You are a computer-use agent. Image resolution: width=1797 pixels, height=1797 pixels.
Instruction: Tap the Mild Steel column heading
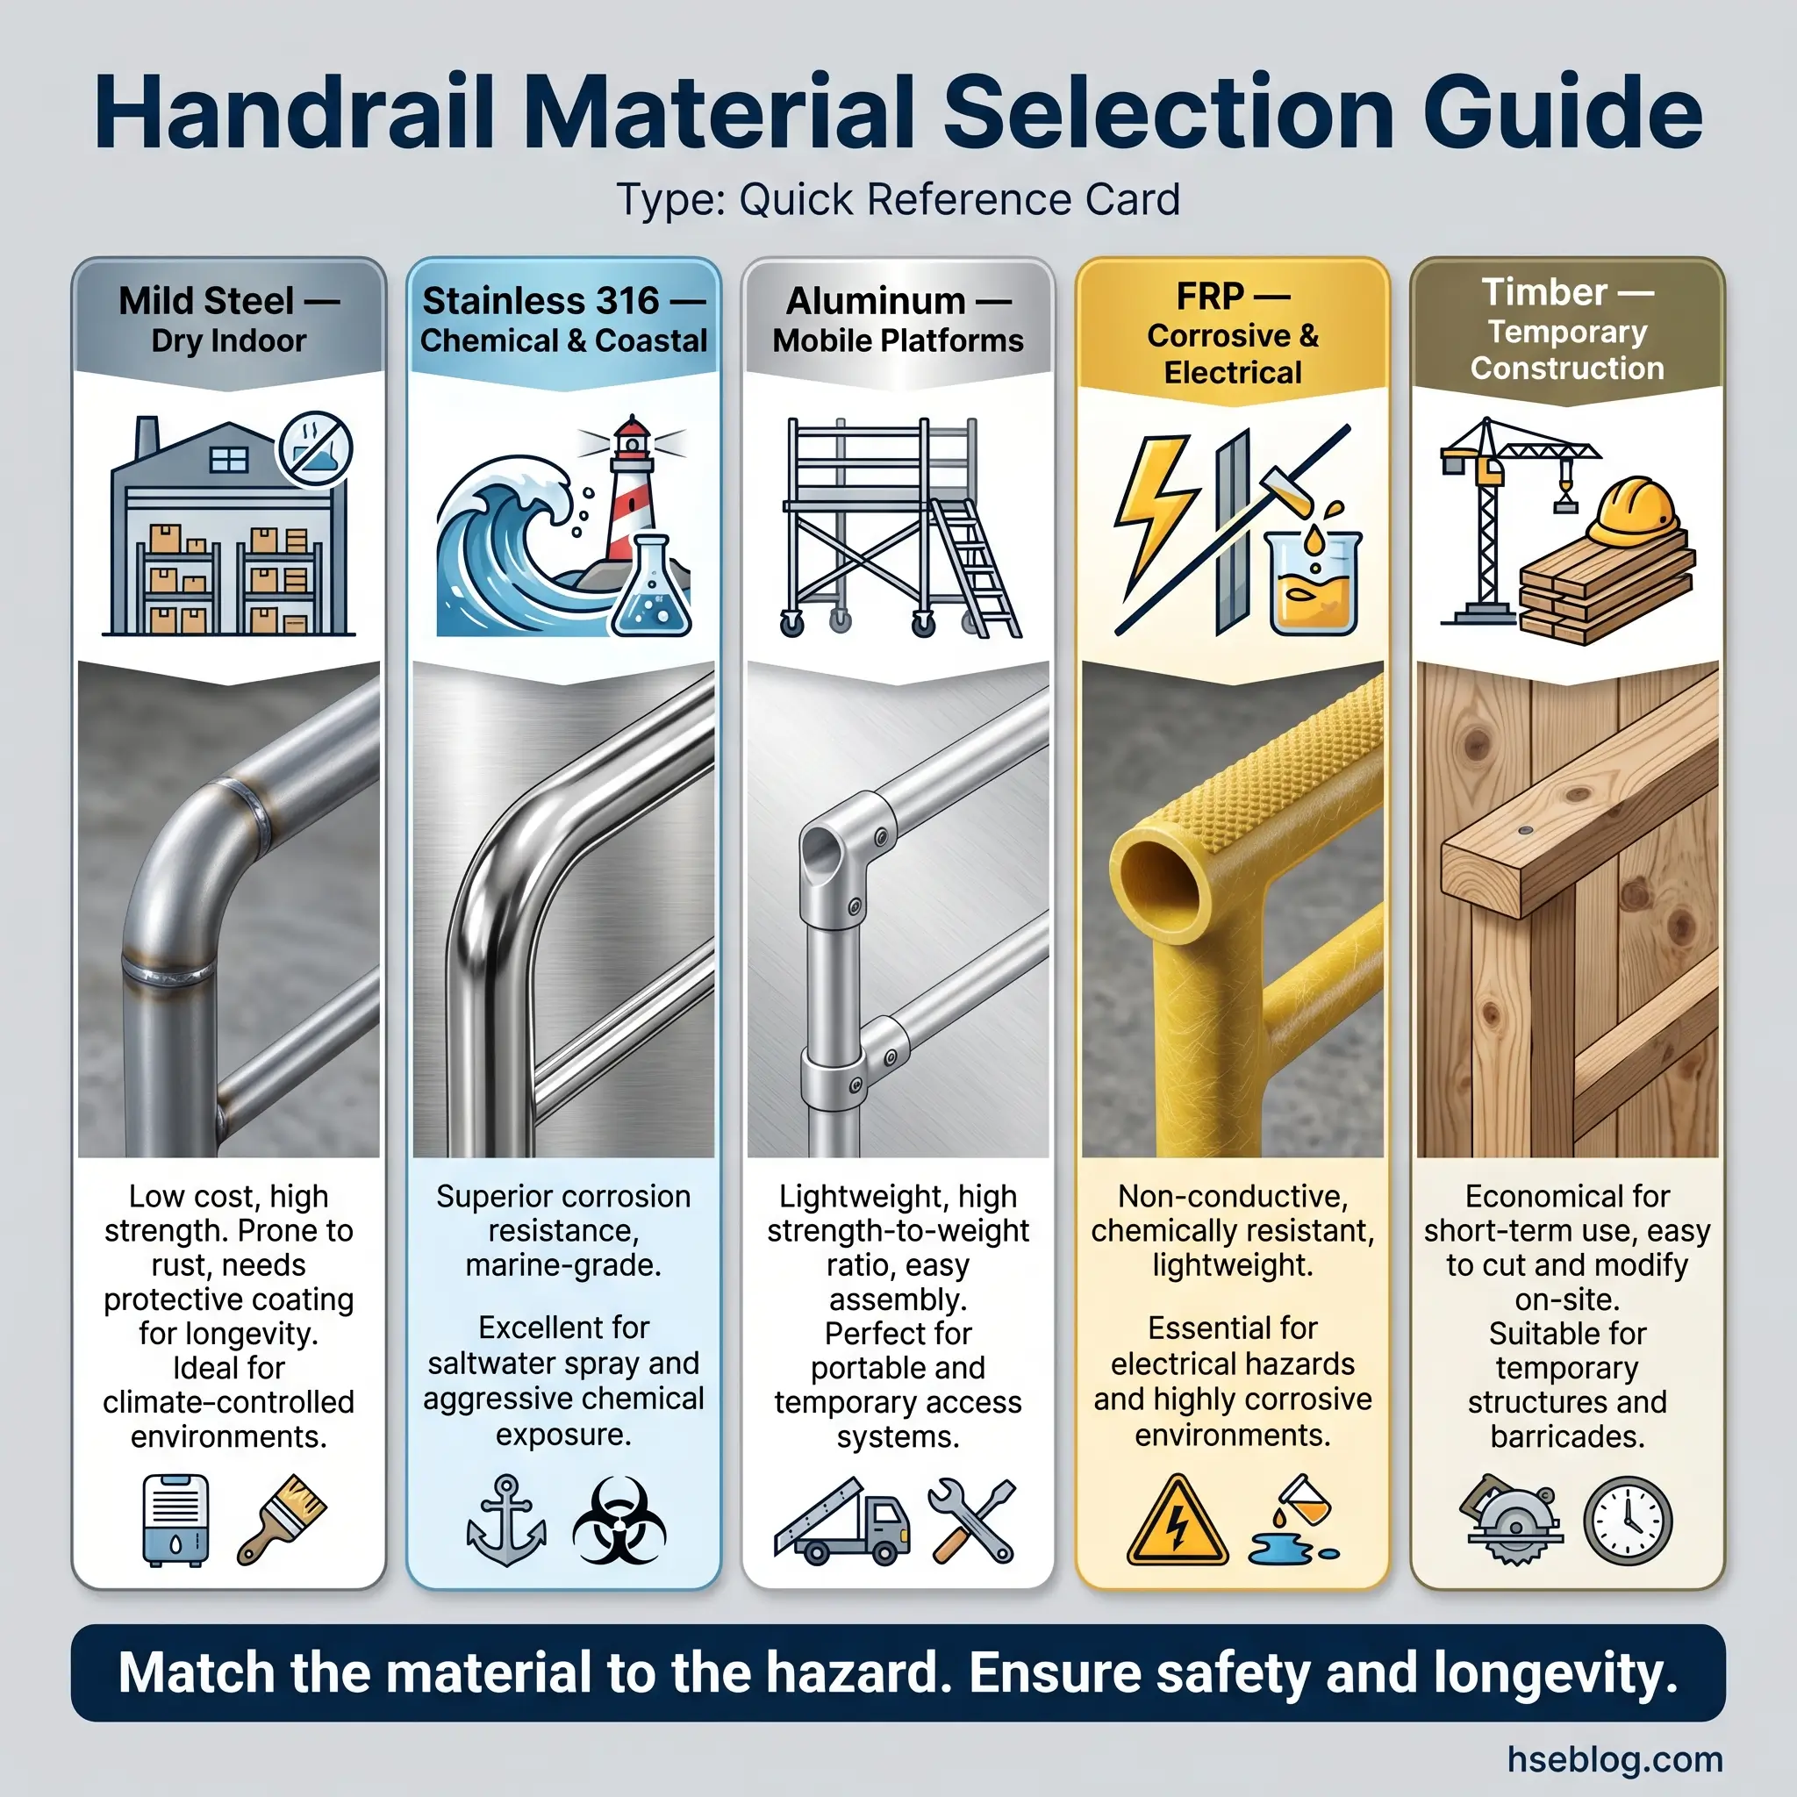[x=206, y=300]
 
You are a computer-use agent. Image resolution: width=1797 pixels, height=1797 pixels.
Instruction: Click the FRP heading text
[x=1209, y=297]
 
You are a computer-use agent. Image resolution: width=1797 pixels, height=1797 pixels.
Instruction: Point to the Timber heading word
[x=1544, y=292]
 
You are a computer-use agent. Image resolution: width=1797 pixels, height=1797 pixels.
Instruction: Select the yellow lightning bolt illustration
[x=1153, y=516]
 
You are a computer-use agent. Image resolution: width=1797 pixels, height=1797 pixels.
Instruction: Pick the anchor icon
[x=505, y=1520]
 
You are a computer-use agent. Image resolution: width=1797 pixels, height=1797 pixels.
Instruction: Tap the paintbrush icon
[x=281, y=1519]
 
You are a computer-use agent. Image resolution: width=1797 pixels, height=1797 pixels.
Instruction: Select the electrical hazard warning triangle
[x=1177, y=1521]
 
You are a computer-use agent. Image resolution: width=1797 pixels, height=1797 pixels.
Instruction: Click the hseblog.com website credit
[x=1614, y=1759]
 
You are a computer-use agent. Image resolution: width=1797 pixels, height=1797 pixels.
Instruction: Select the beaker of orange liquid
[x=1314, y=583]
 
